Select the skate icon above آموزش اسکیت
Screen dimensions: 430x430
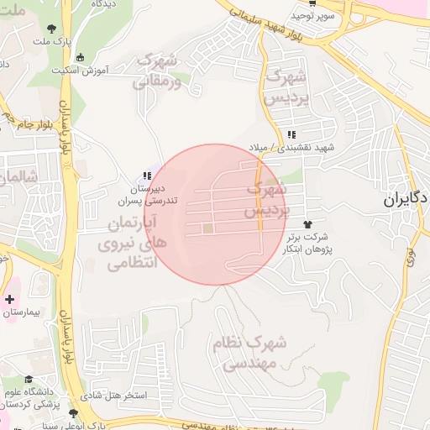click(79, 58)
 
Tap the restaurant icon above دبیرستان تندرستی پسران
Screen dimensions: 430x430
click(147, 176)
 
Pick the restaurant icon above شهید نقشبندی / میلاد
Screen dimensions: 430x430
click(291, 135)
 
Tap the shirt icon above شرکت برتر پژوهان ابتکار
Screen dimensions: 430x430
click(307, 224)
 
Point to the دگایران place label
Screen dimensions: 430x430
click(406, 199)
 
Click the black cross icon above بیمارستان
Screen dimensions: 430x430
click(9, 299)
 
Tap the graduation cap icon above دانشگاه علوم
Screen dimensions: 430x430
click(29, 379)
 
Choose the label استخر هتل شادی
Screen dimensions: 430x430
click(117, 394)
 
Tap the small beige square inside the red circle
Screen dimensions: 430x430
click(208, 228)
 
